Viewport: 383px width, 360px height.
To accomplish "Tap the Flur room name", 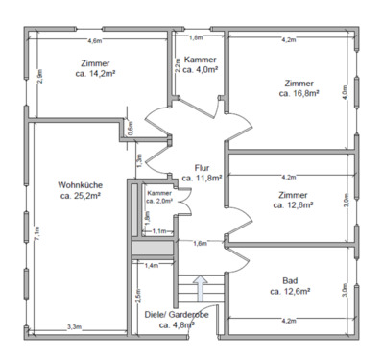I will point(202,167).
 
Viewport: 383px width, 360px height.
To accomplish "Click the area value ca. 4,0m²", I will point(201,70).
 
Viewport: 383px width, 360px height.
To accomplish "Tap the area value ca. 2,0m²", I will point(158,201).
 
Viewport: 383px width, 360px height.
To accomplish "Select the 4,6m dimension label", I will point(95,41).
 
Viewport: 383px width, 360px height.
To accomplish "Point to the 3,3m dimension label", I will point(74,327).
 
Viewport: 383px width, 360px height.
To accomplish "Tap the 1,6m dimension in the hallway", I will point(200,243).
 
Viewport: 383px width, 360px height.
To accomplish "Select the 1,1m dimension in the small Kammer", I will point(159,232).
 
